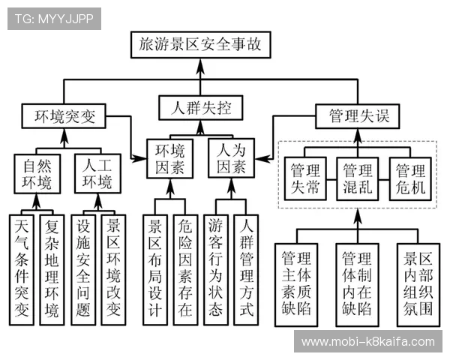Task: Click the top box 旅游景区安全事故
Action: (200, 45)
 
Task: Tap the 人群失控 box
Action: (200, 107)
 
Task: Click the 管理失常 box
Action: (305, 178)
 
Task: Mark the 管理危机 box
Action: (411, 178)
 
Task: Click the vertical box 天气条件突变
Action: (22, 268)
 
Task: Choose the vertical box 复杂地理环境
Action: (52, 268)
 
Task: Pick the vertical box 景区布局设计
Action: (155, 268)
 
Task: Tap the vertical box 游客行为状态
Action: (217, 268)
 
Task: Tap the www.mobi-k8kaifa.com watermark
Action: (367, 342)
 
